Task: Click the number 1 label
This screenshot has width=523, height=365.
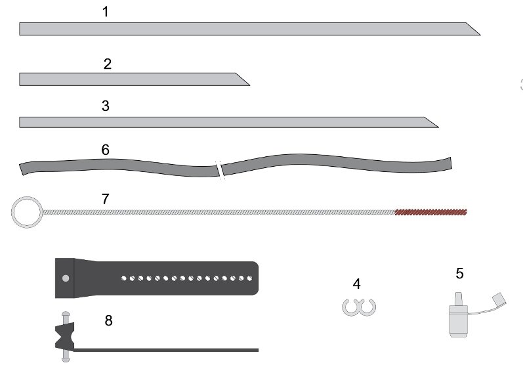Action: pos(106,12)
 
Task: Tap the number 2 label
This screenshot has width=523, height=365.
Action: pos(108,64)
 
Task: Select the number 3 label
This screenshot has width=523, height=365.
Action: pos(106,106)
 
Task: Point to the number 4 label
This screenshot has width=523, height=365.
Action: pos(356,284)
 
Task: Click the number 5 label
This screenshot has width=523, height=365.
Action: pos(459,274)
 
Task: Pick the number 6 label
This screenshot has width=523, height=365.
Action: pos(106,150)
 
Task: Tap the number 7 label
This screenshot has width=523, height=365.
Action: pos(106,199)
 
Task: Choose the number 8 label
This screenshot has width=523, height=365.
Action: pos(109,320)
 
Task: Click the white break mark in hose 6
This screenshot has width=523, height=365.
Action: pos(220,170)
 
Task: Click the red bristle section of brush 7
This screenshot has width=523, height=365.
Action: pos(431,212)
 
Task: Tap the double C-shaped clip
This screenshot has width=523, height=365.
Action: pos(359,308)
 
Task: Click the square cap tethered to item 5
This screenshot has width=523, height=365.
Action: pos(499,300)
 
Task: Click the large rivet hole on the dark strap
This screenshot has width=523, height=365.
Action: pos(66,278)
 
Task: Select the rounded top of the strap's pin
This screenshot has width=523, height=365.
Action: pos(66,314)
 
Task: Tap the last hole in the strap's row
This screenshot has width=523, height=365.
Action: pos(250,278)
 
